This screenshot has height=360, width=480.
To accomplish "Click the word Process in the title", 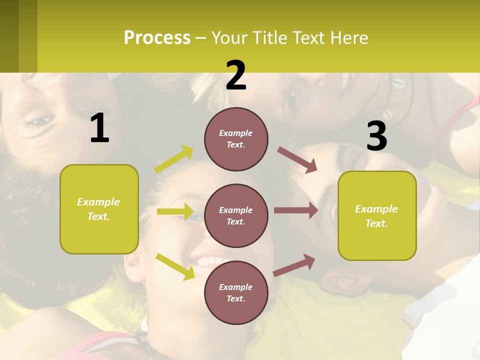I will point(157,37).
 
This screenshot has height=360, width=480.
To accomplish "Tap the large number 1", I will point(99,128).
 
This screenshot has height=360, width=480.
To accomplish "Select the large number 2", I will point(236,75).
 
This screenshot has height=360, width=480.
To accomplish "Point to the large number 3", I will point(376,136).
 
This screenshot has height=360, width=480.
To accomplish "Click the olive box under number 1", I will point(99,209).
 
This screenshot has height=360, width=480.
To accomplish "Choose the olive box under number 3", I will point(377,215).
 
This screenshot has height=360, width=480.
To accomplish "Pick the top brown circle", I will point(236,139).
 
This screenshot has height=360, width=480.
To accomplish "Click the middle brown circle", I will point(236,215).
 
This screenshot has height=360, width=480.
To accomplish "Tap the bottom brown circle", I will point(236,292).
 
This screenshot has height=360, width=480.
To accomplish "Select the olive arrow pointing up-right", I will point(174,159).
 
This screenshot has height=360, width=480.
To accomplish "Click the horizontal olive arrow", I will point(175,211).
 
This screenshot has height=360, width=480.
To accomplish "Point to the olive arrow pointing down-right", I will point(175,266).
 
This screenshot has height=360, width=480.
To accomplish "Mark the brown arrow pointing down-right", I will point(297,160).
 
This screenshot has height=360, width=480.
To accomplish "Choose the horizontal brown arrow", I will point(296,210).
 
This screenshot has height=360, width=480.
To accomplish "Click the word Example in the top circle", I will point(235,133).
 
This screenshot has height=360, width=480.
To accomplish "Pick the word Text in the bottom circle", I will point(235,298).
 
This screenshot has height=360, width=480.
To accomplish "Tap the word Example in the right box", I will point(376,209).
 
